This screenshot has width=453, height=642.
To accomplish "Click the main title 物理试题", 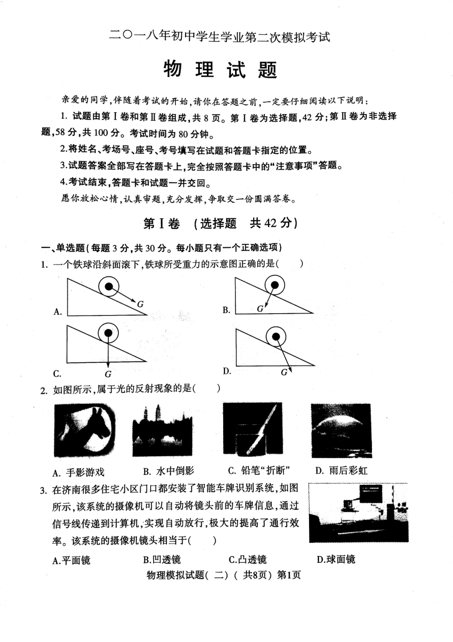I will (220, 70).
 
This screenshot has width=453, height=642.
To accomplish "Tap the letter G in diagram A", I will (140, 304).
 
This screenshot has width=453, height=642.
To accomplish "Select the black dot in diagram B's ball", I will (275, 285).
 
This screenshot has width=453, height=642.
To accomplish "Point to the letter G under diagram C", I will (108, 374).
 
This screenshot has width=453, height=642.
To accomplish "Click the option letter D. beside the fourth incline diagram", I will (227, 371).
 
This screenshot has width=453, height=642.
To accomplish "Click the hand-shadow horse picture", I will (84, 430).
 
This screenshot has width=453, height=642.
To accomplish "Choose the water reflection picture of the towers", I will (162, 430).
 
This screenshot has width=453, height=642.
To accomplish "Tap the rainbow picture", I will (341, 430).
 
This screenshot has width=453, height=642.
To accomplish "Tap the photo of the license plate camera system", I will (358, 513).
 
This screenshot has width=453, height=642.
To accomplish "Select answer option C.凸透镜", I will (247, 559).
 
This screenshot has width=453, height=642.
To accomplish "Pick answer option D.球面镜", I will (336, 559).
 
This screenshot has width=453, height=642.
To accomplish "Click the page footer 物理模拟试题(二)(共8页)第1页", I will (224, 575).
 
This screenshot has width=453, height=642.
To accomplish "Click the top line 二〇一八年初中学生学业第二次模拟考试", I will (220, 37).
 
